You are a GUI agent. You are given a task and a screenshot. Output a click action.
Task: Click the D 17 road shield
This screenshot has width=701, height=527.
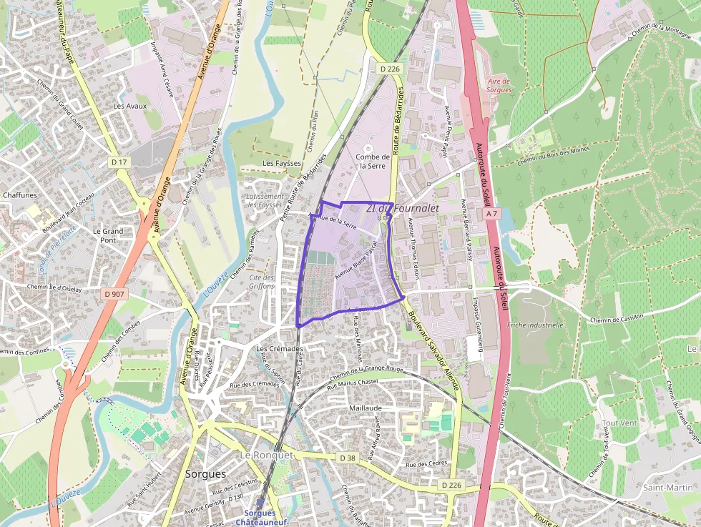click(119, 162)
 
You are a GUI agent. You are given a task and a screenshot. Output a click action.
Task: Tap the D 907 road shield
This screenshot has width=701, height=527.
click(114, 293)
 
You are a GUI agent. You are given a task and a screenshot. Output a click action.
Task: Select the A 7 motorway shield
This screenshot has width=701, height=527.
click(490, 214)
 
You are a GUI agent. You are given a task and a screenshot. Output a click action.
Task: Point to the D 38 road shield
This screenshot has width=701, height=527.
click(348, 458)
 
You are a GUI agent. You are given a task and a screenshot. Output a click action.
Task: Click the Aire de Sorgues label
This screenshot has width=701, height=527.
click(500, 86)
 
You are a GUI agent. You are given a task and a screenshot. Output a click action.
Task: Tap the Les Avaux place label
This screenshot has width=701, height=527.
click(129, 106)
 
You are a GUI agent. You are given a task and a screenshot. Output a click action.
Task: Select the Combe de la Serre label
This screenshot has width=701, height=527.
click(372, 161)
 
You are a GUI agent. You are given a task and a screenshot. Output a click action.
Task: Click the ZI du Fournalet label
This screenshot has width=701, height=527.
click(401, 208)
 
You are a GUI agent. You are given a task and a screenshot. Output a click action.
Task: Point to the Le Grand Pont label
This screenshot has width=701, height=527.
click(108, 236)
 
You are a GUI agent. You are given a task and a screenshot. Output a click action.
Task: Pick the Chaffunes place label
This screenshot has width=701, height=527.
click(20, 194)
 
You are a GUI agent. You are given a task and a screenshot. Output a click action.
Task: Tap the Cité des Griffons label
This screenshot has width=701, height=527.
click(262, 282)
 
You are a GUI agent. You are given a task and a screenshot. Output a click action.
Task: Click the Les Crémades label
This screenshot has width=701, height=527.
click(280, 349)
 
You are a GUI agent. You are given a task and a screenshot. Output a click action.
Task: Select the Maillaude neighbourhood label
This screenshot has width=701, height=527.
click(366, 408)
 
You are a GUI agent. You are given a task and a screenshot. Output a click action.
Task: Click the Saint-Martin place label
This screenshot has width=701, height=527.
click(662, 488)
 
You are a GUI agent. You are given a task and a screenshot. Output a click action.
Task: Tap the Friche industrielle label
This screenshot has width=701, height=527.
click(534, 325)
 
